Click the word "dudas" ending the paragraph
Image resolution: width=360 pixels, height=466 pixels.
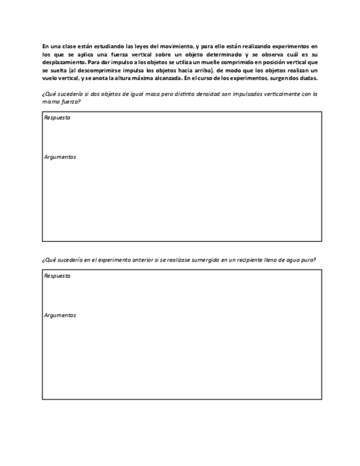[308, 78]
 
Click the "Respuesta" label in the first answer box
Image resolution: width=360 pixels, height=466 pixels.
[57, 118]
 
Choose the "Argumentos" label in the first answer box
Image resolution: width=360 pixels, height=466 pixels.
[60, 157]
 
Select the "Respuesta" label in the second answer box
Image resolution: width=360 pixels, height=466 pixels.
[57, 276]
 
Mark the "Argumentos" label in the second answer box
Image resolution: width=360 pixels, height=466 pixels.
[60, 315]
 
